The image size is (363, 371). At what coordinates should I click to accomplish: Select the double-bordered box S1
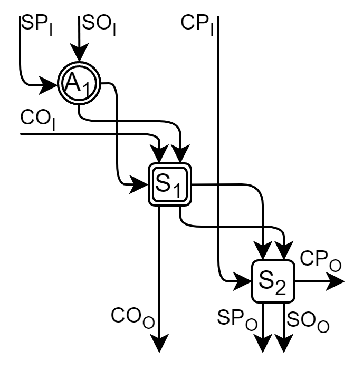(168, 184)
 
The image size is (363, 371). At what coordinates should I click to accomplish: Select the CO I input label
(37, 119)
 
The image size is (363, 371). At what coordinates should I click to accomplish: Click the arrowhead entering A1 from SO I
(79, 54)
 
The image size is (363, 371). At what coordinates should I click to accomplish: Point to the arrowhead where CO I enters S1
(159, 155)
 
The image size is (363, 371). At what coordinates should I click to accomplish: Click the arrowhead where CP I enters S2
(243, 281)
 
